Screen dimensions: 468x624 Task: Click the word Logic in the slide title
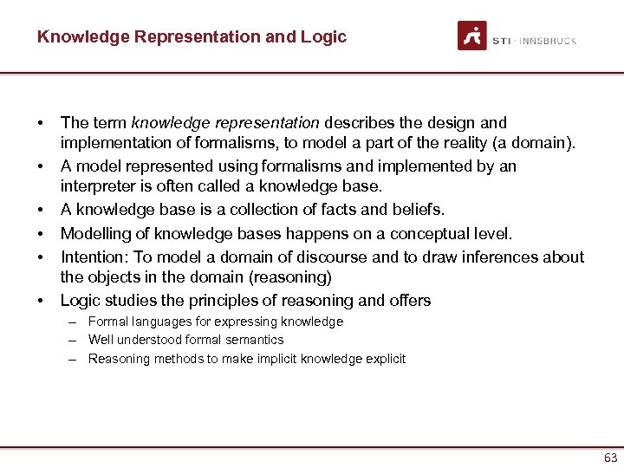[326, 37]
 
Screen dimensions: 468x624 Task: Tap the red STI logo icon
[472, 36]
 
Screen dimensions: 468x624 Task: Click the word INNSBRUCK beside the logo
[547, 41]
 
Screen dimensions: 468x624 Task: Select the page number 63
[610, 458]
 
